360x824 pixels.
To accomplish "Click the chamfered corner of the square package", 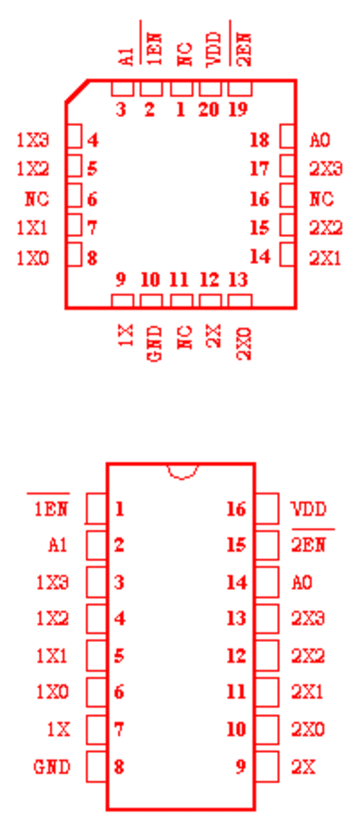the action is coord(76,91).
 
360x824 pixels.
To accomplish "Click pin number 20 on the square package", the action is coord(209,110).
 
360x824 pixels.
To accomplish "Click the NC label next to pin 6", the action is coord(37,199).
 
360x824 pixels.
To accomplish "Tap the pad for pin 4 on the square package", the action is coord(76,137).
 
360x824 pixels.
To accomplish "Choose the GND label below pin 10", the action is coord(155,343).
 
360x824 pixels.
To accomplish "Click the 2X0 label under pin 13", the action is coord(244,343).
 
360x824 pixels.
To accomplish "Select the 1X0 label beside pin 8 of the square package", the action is coord(32,258).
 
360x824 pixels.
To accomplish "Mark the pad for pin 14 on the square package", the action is coord(287,254).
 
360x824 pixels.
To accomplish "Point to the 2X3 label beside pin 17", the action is coord(326,169).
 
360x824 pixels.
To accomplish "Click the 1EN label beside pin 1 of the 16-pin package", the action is coord(51,509).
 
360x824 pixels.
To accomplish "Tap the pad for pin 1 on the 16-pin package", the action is coord(96,508).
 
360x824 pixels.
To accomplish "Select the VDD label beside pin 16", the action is coord(309,509).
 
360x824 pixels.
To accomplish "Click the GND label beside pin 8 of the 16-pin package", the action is coord(51,767).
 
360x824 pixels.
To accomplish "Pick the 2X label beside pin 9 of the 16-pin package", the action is coord(304,767).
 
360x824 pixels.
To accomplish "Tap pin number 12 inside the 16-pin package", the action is coord(236,656).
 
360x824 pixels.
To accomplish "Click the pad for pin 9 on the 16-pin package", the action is coord(267,766).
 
